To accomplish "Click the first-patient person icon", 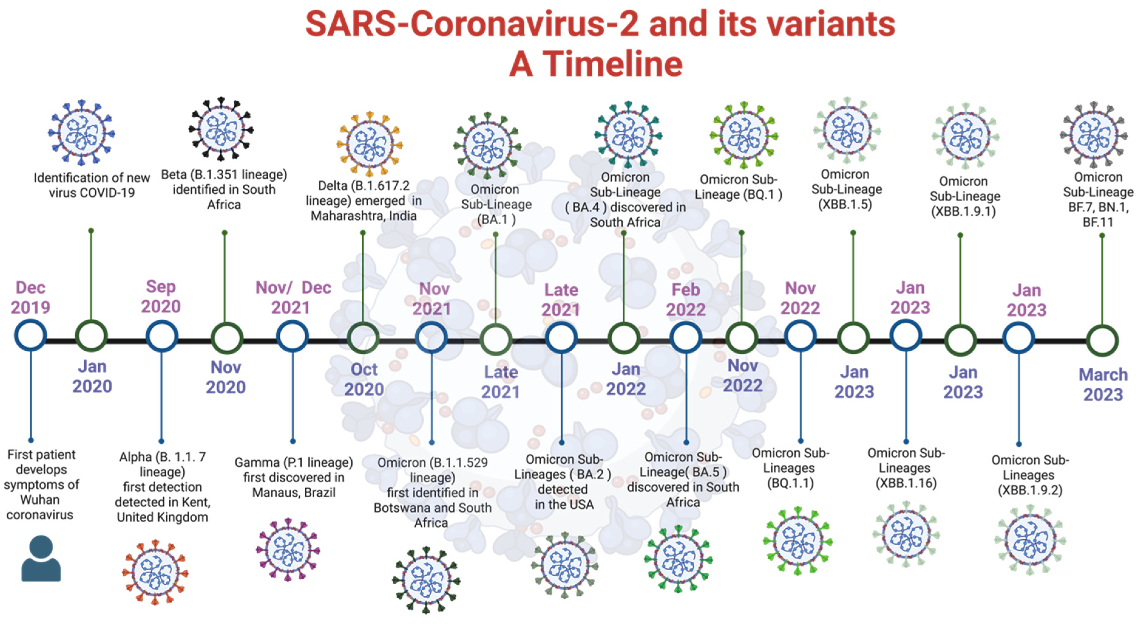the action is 41,558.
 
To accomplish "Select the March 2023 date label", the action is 1103,384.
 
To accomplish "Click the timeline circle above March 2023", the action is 1102,341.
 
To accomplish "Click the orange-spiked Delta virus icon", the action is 370,144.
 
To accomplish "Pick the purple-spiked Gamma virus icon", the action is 288,550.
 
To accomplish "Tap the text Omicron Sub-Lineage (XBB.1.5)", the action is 846,189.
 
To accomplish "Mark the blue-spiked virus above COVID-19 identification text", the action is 81,132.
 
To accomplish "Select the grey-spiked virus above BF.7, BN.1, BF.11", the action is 1094,135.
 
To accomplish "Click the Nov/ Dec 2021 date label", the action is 293,297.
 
